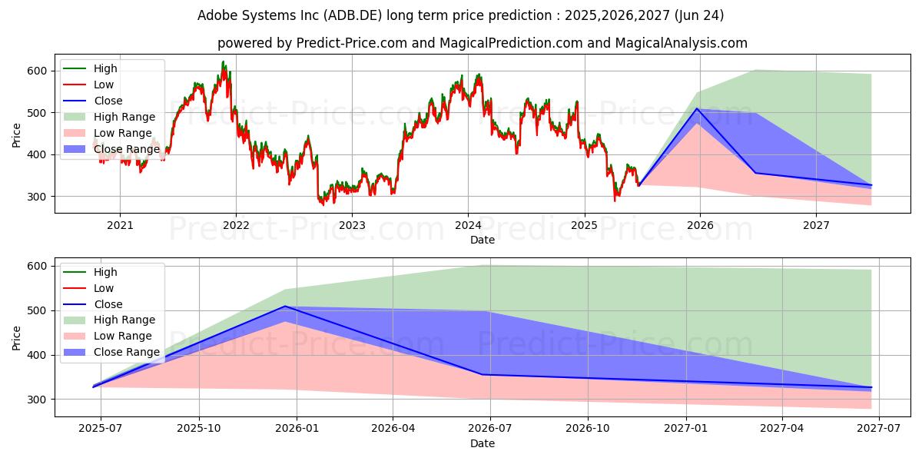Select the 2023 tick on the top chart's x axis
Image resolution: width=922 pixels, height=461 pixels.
[x=352, y=225]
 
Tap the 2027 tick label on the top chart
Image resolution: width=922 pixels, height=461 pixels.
[x=816, y=225]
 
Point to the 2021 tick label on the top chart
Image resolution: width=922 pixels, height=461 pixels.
[x=120, y=225]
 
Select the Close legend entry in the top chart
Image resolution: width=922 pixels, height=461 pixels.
[x=108, y=101]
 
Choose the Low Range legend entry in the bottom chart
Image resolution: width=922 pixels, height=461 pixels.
[x=123, y=336]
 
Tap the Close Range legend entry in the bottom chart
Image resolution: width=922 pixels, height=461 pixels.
[x=126, y=352]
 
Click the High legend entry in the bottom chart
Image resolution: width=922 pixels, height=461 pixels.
[x=104, y=272]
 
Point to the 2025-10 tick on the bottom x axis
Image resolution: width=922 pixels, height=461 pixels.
[x=199, y=427]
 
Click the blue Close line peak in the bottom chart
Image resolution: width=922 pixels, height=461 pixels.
[x=285, y=306]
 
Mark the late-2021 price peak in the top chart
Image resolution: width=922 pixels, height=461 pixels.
[x=224, y=62]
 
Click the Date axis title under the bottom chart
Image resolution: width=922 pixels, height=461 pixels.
[x=483, y=443]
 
